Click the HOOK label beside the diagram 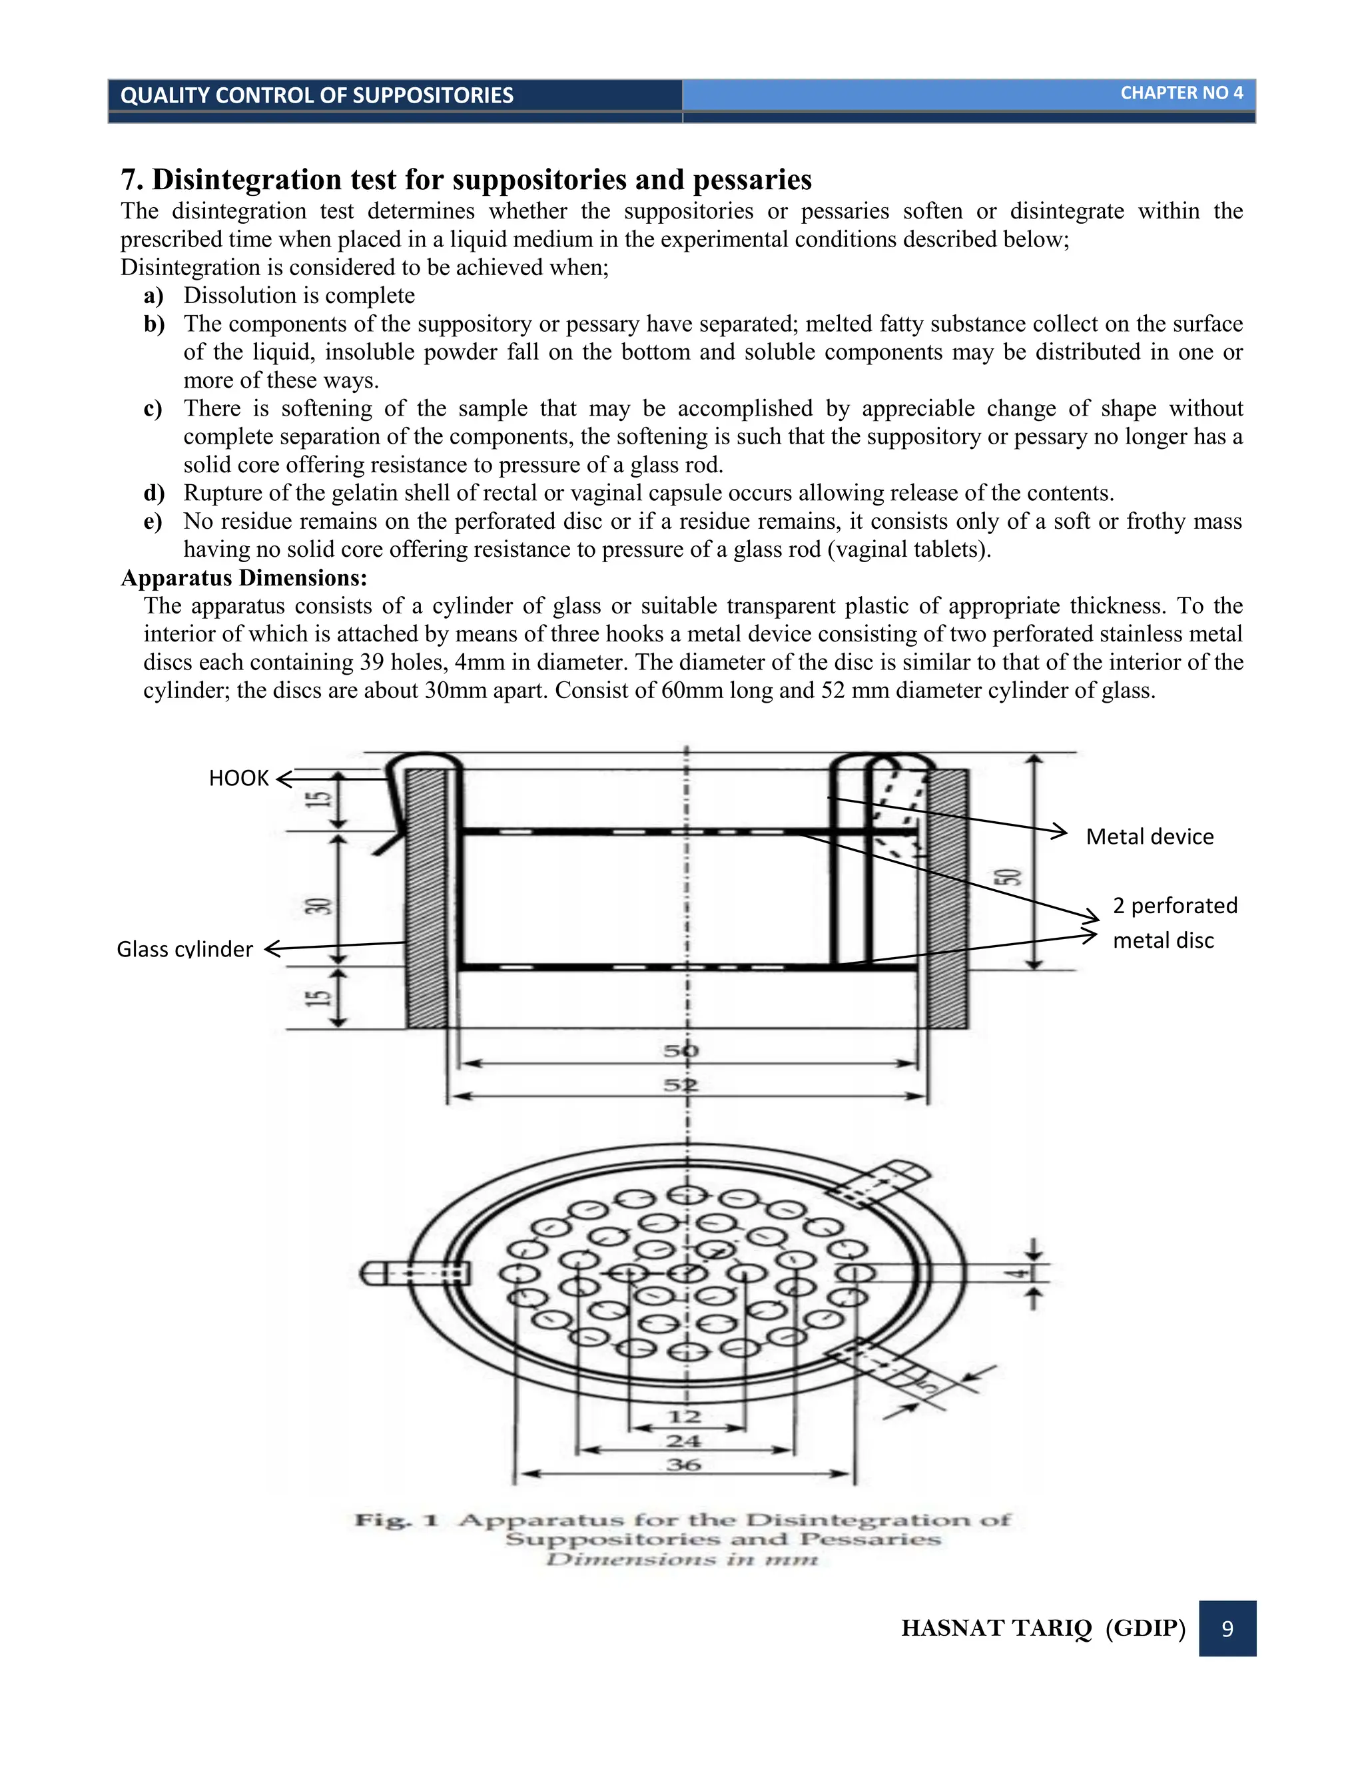[238, 777]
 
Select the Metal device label [1149, 837]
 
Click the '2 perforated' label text [1174, 905]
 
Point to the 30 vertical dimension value [320, 905]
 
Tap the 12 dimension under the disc [683, 1417]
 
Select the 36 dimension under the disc [683, 1465]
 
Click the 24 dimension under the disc [683, 1441]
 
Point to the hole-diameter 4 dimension [1022, 1273]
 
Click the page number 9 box [1227, 1628]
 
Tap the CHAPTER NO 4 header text [1181, 93]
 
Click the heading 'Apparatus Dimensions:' [244, 578]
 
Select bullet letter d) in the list [154, 493]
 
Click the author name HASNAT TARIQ [996, 1628]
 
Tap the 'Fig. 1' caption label [396, 1520]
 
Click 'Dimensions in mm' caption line [682, 1559]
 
